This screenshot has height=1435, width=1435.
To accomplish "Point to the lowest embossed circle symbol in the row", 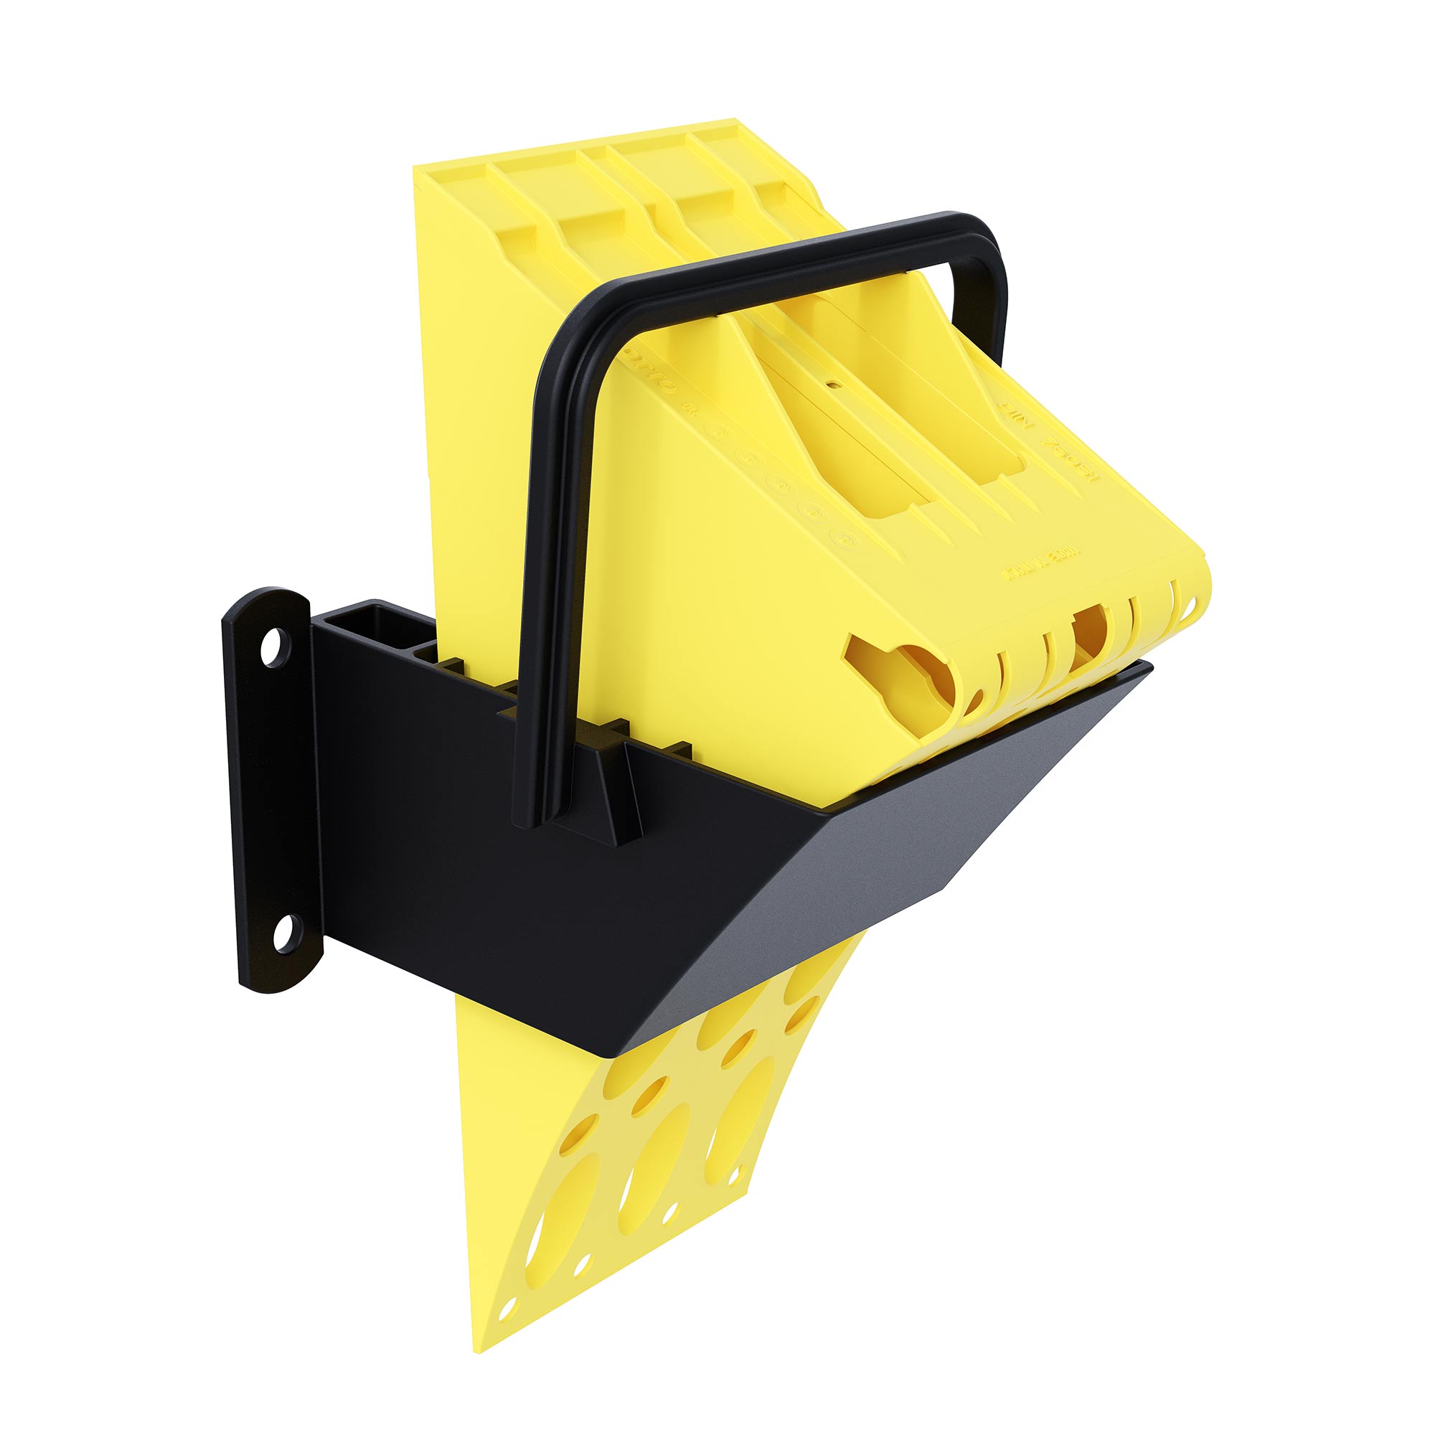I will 842,537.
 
